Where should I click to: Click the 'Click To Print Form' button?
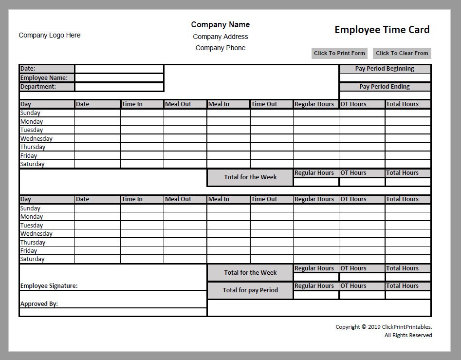point(339,53)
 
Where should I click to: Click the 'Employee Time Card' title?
point(382,30)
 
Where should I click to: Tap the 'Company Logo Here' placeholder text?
point(49,35)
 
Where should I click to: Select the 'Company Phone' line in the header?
point(220,48)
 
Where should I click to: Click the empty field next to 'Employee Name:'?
point(119,78)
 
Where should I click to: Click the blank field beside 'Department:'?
point(119,87)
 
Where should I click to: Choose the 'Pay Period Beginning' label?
point(385,69)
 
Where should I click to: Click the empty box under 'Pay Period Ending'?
point(385,95)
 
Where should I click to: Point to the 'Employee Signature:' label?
point(49,286)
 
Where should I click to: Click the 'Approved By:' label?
point(39,303)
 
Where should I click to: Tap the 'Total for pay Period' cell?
point(250,290)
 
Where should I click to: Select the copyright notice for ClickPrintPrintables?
point(384,327)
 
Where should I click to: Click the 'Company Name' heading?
point(220,24)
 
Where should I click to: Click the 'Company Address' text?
point(220,37)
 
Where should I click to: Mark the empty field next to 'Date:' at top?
point(119,69)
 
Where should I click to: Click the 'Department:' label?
point(38,87)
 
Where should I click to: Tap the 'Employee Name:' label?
point(44,78)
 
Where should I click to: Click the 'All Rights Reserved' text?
point(408,335)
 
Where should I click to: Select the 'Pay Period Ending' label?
point(385,87)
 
